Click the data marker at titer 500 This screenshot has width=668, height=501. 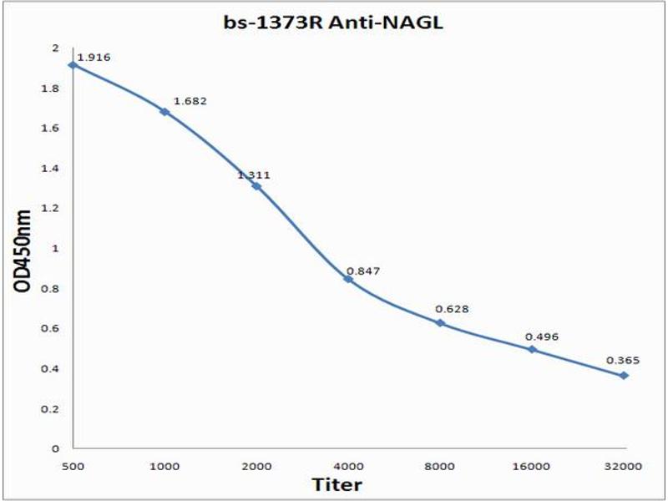point(73,64)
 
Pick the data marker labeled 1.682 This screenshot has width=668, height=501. point(164,111)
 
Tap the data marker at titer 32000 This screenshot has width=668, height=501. point(624,376)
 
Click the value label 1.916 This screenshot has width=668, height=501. point(94,58)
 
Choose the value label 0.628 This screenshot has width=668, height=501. point(452,309)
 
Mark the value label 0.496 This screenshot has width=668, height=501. point(541,337)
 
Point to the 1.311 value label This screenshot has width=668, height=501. point(254,175)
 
